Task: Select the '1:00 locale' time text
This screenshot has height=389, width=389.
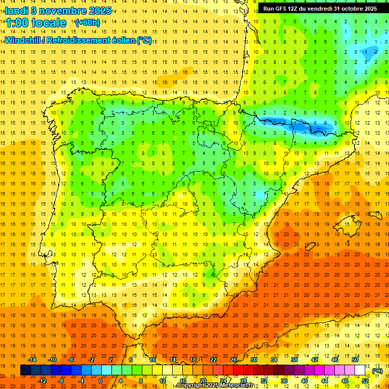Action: [x=35, y=23]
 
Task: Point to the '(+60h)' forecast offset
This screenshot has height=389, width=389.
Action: [x=87, y=23]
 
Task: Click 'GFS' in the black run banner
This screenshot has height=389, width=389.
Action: [x=284, y=9]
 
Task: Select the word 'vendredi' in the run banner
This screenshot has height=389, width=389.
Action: [x=329, y=9]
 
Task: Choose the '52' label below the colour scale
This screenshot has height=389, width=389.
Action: [x=365, y=381]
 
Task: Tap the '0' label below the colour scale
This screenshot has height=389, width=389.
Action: [x=100, y=381]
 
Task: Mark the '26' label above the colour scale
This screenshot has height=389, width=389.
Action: [x=234, y=360]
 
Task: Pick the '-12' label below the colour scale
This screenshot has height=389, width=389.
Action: [x=42, y=381]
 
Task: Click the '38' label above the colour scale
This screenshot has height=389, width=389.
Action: [x=294, y=360]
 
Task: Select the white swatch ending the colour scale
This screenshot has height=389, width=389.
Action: [x=360, y=370]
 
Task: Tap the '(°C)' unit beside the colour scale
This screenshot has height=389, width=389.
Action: [x=377, y=371]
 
